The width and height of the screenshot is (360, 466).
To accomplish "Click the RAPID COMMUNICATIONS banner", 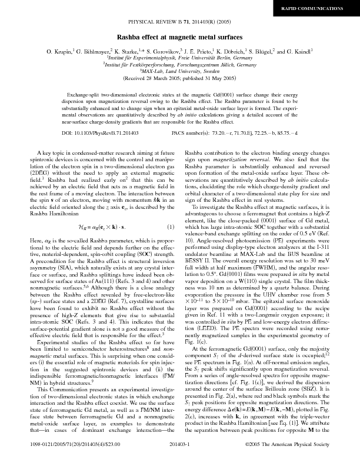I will click(x=321, y=9).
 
